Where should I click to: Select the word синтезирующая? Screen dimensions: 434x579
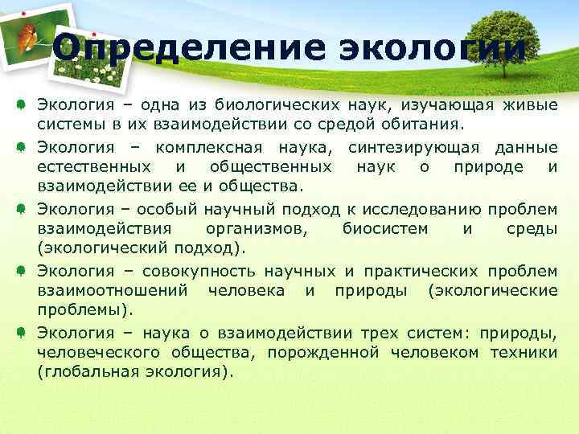pos(417,147)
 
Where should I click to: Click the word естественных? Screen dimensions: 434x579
pos(93,167)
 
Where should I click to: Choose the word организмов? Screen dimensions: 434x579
pos(262,229)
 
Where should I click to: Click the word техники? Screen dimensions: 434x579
pos(520,352)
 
